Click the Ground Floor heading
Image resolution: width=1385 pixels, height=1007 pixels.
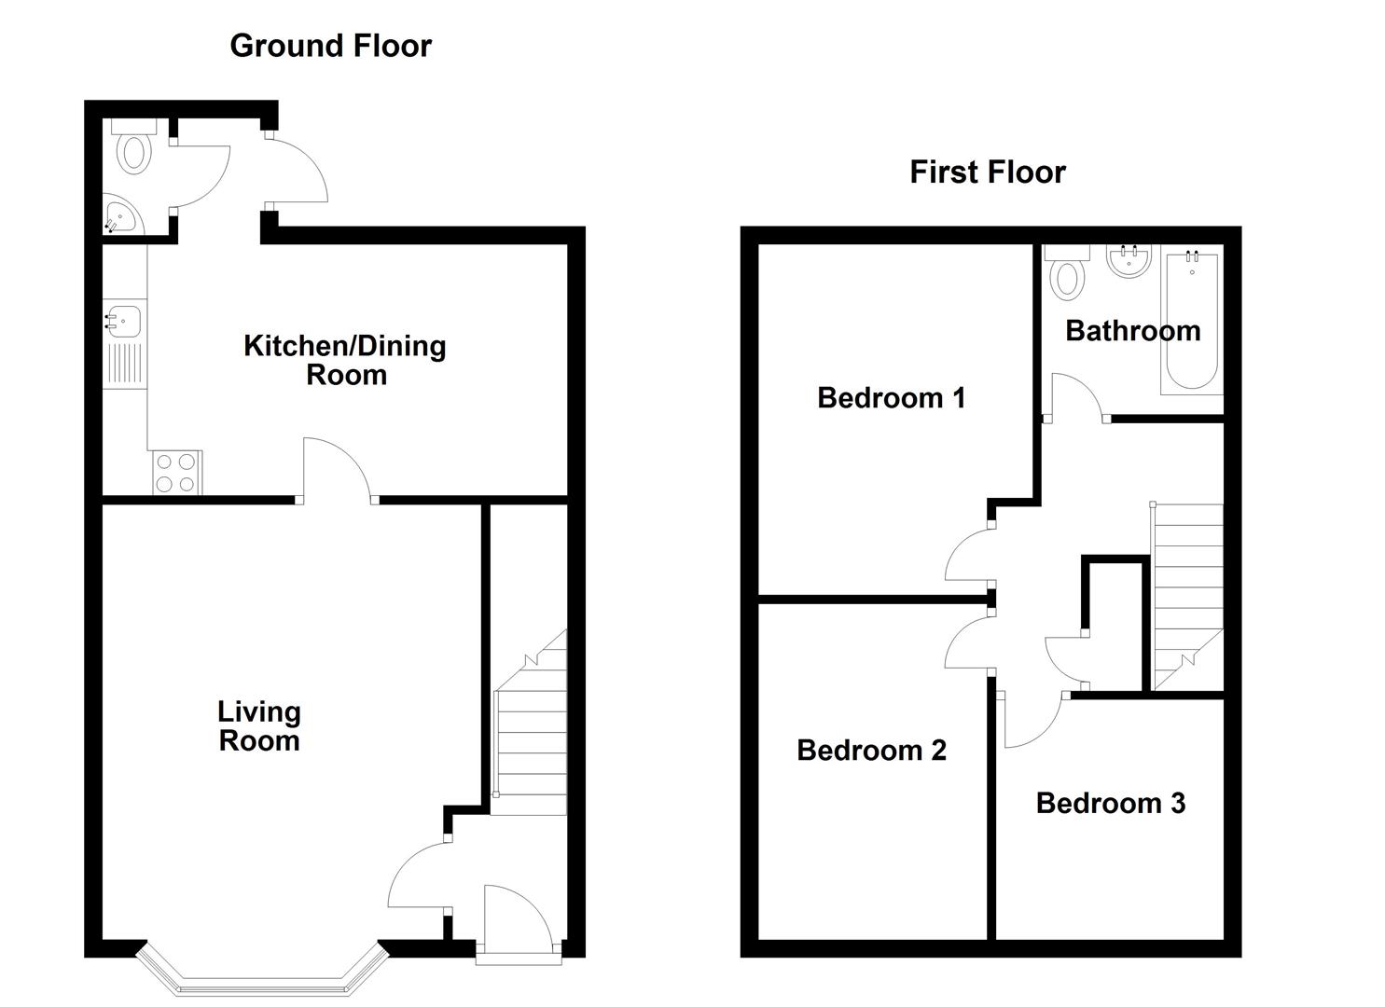[330, 47]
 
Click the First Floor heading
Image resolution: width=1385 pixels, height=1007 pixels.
[988, 172]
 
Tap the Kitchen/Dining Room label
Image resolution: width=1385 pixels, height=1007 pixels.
[345, 360]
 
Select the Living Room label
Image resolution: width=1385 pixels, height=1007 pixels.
[259, 726]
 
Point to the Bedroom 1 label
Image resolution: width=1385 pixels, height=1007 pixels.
[891, 397]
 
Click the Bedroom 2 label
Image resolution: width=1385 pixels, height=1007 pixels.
[871, 750]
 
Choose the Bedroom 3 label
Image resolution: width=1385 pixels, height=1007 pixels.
[1111, 803]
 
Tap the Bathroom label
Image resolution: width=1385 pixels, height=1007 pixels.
[1133, 331]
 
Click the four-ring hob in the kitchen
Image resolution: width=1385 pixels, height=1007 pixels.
[177, 473]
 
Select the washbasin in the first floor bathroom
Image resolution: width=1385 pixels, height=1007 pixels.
[1129, 261]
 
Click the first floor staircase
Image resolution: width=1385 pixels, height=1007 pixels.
[1186, 597]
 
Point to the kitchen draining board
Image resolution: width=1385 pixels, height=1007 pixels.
[126, 364]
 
